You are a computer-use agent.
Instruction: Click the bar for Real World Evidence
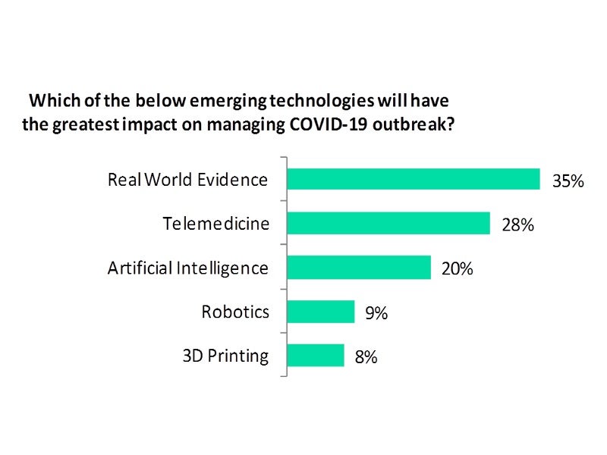[x=414, y=179]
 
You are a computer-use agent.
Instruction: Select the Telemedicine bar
[x=388, y=223]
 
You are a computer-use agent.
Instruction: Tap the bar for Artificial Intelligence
[x=359, y=267]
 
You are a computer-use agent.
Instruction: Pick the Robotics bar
[x=321, y=312]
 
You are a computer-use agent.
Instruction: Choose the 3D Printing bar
[x=316, y=356]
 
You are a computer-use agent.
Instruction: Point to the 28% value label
[x=518, y=225]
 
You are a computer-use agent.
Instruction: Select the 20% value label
[x=458, y=269]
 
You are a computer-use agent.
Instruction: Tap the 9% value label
[x=376, y=313]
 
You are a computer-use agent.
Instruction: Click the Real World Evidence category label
[x=188, y=180]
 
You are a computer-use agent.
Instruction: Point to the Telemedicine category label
[x=215, y=224]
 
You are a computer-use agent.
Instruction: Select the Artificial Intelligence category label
[x=188, y=268]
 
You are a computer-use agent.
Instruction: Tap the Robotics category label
[x=235, y=312]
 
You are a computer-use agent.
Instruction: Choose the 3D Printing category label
[x=225, y=356]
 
